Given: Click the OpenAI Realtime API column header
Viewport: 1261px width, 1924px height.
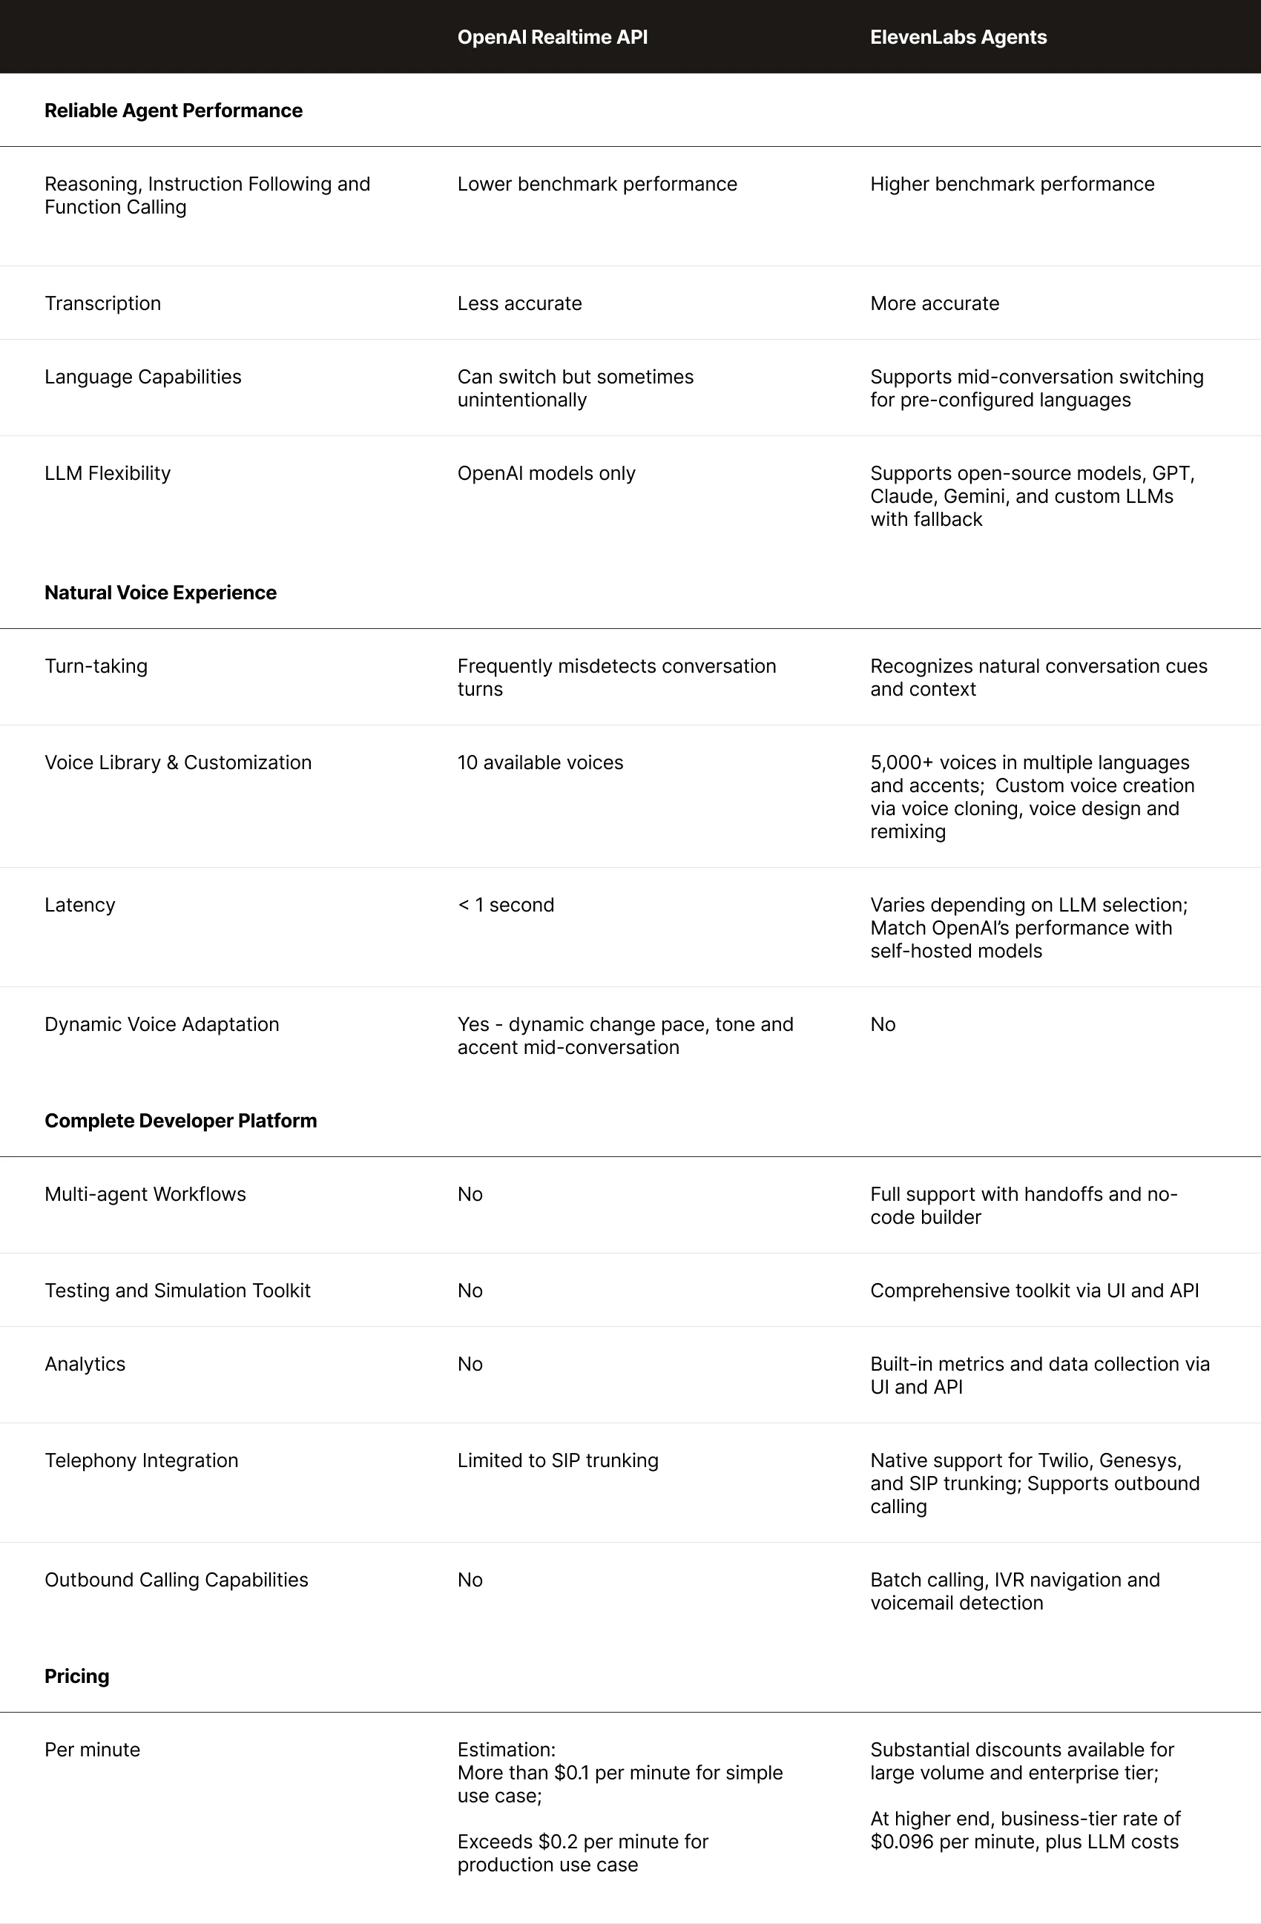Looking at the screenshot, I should [x=552, y=37].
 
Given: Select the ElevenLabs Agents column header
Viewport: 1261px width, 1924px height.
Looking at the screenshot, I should [x=958, y=37].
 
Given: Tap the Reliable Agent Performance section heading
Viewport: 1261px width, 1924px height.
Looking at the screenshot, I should [x=173, y=111].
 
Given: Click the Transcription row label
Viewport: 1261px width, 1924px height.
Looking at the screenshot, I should [x=102, y=303].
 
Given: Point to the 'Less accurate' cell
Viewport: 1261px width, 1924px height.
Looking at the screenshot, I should [x=519, y=303].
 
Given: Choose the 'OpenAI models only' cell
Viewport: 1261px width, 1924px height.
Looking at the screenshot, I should [x=546, y=473].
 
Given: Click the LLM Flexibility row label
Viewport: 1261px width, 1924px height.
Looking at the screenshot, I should [x=108, y=473].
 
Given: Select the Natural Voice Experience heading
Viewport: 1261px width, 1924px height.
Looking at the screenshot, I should [x=160, y=593].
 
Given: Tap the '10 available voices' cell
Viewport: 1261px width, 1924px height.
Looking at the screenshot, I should [x=540, y=762].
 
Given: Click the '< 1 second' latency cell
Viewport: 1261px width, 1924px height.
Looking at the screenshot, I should [x=505, y=905].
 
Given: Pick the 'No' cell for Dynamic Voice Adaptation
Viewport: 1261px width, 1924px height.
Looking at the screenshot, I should [x=883, y=1024].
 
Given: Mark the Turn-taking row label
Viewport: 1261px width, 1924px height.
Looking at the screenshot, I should [x=96, y=666].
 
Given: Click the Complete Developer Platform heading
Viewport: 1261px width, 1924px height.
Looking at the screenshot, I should [x=180, y=1121].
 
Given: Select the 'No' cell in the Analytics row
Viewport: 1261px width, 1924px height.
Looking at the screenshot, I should [x=470, y=1364].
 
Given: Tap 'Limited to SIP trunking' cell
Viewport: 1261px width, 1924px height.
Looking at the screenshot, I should [x=558, y=1460].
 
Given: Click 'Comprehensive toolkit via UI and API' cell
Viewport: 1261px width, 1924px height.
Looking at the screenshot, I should [x=1034, y=1291].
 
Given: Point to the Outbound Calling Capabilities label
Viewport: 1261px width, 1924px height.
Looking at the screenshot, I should [x=177, y=1580].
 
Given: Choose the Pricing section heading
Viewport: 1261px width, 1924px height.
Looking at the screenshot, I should [x=77, y=1676].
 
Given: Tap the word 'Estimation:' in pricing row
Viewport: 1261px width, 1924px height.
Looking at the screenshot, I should [x=506, y=1750].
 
